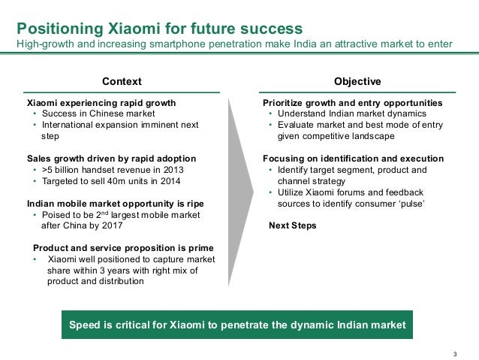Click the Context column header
pyautogui.click(x=122, y=81)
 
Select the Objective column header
pyautogui.click(x=357, y=81)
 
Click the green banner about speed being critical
pyautogui.click(x=238, y=325)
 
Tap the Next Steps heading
pyautogui.click(x=292, y=225)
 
